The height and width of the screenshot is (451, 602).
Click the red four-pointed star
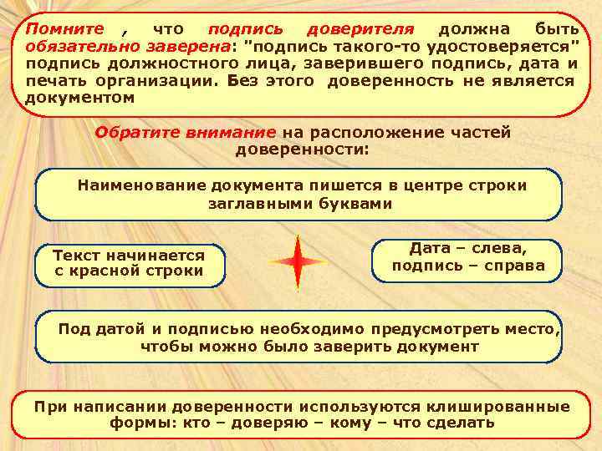pos(298,262)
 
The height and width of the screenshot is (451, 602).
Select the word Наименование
pos(142,185)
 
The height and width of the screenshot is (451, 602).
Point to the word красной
pos(118,271)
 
